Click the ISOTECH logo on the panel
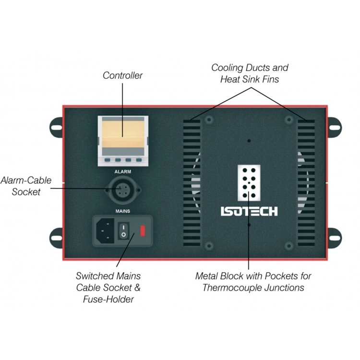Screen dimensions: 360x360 pyautogui.click(x=249, y=211)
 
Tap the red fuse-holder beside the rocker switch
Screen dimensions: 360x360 pyautogui.click(x=143, y=231)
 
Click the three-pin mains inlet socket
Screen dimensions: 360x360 pyautogui.click(x=105, y=231)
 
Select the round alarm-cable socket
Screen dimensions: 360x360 pyautogui.click(x=122, y=191)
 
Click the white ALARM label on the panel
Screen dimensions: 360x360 pyautogui.click(x=123, y=172)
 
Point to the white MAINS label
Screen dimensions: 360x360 pyautogui.click(x=123, y=211)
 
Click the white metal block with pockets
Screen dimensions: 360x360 pyautogui.click(x=249, y=183)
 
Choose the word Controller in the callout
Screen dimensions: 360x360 pyautogui.click(x=122, y=75)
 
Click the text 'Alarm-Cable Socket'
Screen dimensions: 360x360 pyautogui.click(x=26, y=186)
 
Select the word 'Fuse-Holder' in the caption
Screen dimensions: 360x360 pyautogui.click(x=108, y=299)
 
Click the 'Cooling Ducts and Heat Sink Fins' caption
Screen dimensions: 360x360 pyautogui.click(x=250, y=73)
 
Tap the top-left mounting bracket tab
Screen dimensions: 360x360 pyautogui.click(x=57, y=127)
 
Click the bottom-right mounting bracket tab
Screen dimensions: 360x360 pyautogui.click(x=334, y=238)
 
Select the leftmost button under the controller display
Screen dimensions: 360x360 pyautogui.click(x=108, y=160)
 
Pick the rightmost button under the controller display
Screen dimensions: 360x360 pyautogui.click(x=139, y=160)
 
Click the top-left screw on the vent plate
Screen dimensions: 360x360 pyautogui.click(x=209, y=120)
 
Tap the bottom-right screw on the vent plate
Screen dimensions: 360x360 pyautogui.click(x=289, y=246)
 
